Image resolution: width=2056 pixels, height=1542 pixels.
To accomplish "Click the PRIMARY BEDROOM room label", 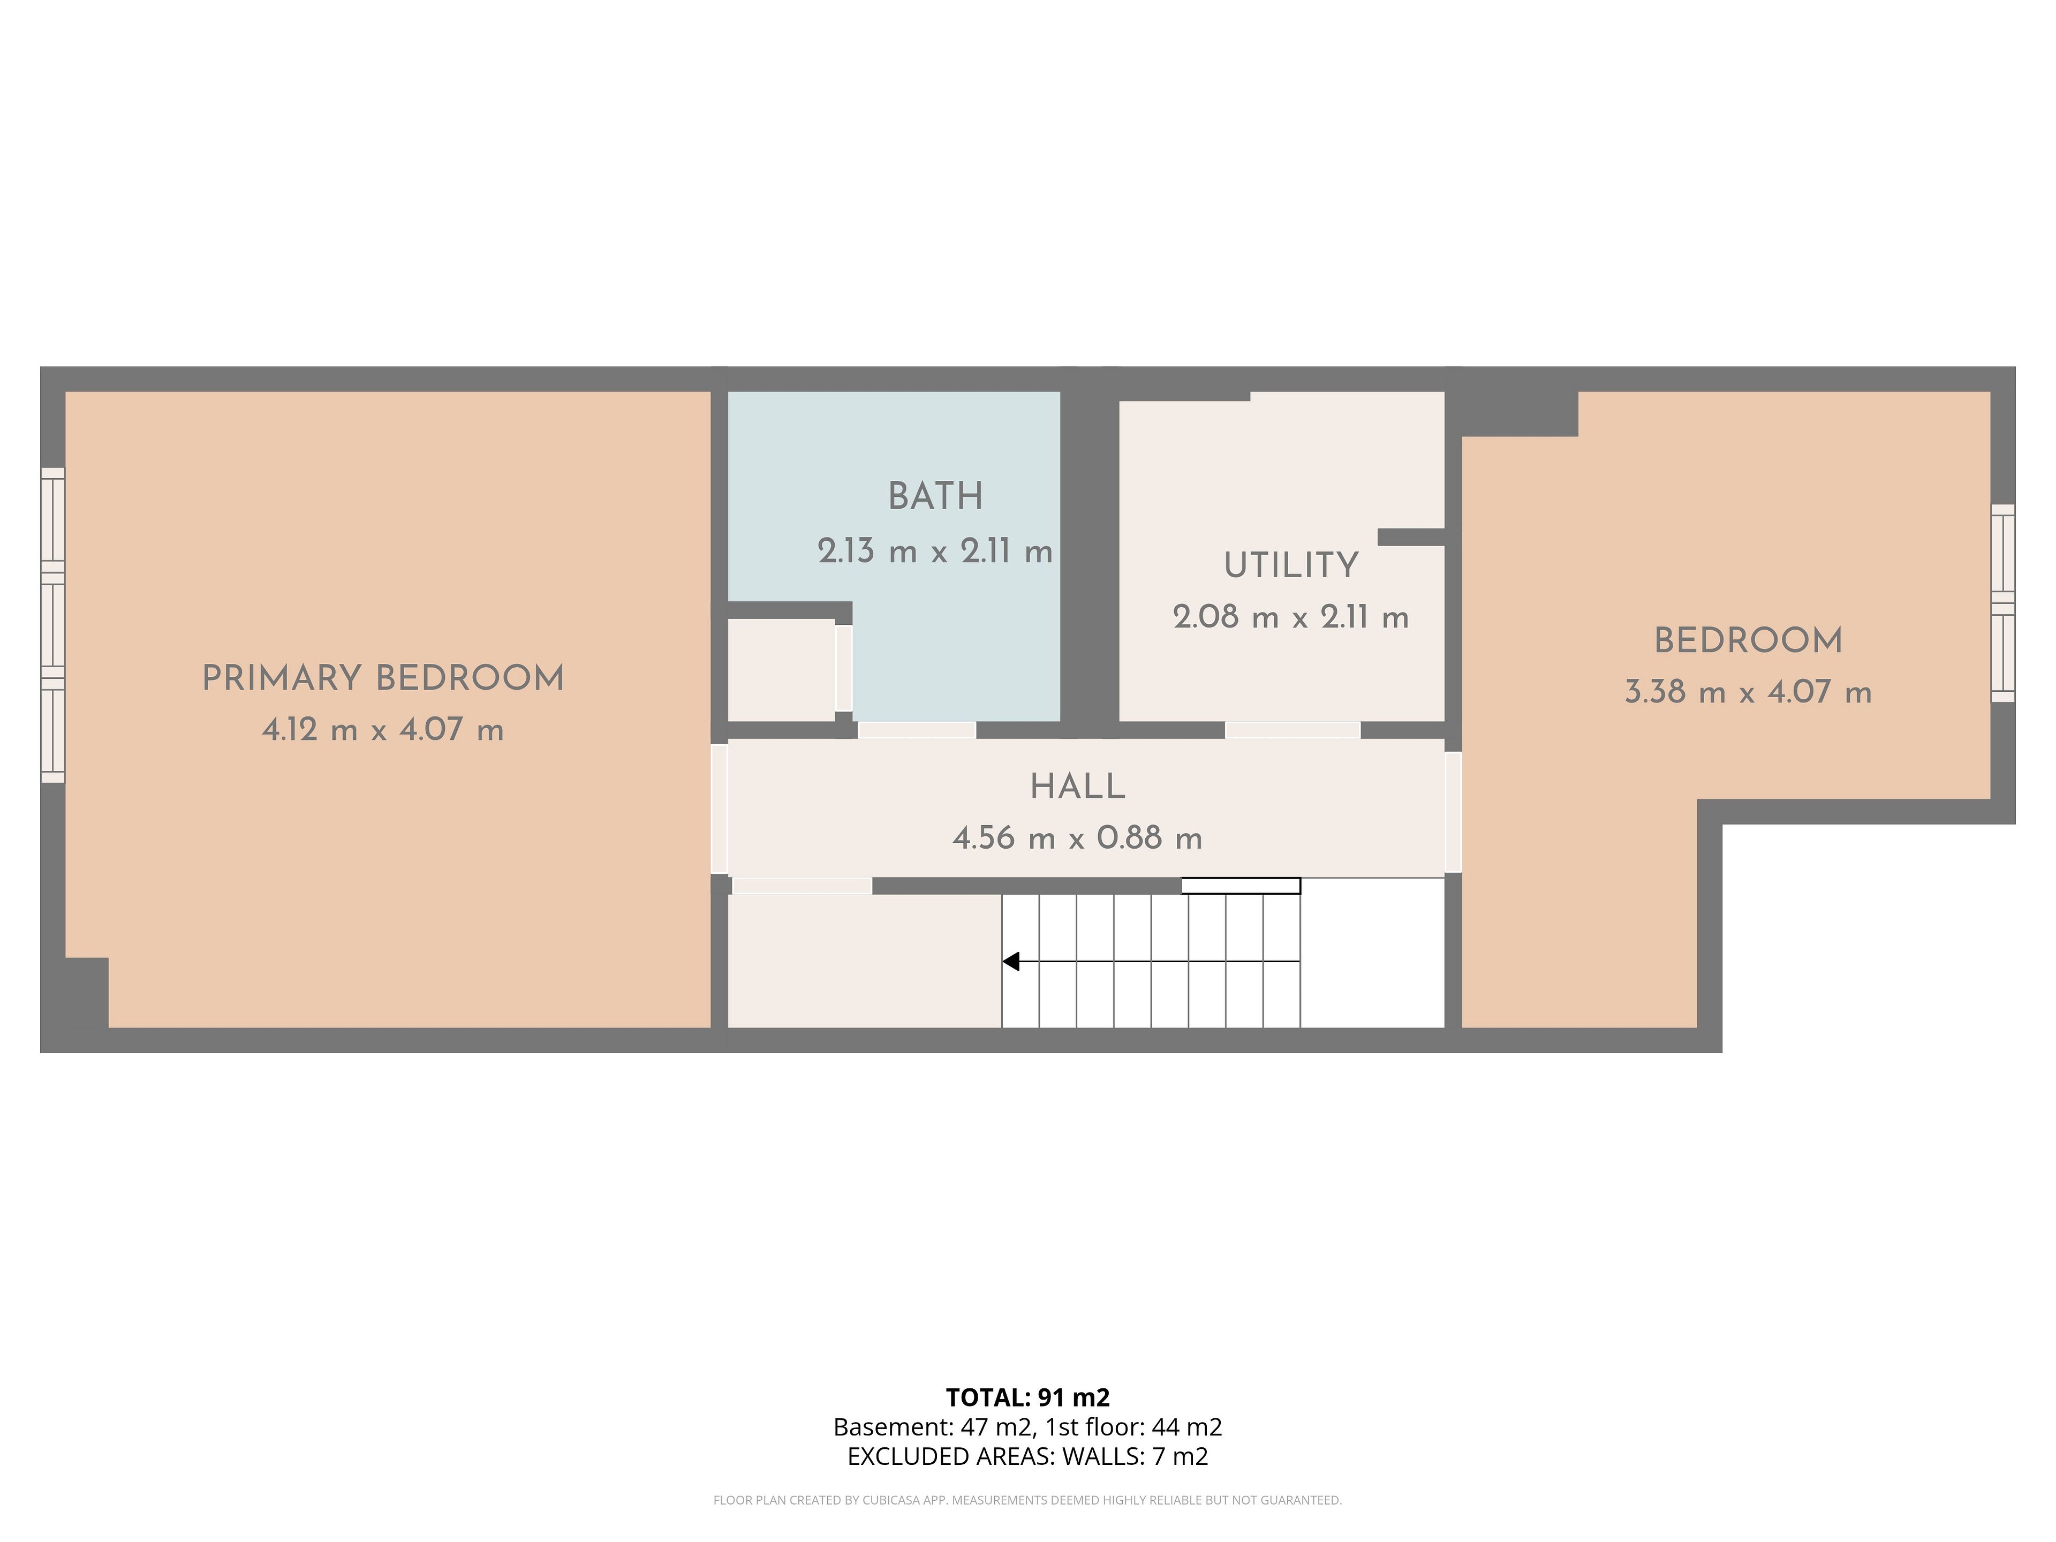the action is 383,678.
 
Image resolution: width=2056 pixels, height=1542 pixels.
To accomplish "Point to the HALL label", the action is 1077,787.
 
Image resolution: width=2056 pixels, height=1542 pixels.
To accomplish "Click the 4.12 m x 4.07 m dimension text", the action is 383,730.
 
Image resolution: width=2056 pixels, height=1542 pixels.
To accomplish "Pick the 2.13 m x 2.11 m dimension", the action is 935,551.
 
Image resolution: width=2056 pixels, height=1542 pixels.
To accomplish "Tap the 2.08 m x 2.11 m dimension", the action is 1291,617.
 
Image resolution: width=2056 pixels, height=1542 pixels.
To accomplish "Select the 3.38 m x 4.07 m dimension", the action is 1748,692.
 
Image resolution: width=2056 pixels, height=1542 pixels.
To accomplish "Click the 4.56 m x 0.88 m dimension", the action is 1077,838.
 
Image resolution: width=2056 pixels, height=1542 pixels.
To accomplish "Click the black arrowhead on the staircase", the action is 1010,961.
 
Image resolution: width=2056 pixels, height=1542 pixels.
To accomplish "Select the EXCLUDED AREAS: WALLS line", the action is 1028,1456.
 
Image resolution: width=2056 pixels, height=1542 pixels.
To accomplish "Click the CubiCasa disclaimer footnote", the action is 1028,1500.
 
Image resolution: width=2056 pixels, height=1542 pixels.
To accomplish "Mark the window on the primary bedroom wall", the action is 53,625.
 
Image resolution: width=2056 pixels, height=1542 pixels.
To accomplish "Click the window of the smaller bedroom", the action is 2003,603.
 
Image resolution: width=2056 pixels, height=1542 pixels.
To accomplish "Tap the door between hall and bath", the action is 917,730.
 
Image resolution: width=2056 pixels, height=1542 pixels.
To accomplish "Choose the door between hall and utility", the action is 1293,730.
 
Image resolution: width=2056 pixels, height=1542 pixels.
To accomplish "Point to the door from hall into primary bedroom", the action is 720,808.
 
